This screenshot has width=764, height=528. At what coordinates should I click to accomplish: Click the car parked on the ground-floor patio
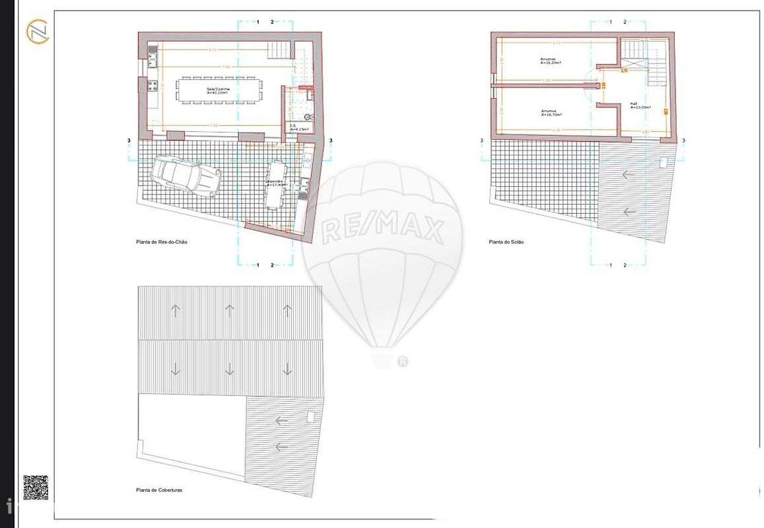click(x=186, y=176)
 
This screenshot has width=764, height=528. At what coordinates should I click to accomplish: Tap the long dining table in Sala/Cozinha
click(x=218, y=89)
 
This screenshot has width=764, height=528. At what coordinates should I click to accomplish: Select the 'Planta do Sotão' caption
click(x=506, y=242)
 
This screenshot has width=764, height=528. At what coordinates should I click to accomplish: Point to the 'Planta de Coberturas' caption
click(x=159, y=490)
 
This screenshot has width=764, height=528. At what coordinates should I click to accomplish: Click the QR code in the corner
click(x=35, y=487)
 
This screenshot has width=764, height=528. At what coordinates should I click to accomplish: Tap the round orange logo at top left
click(x=37, y=32)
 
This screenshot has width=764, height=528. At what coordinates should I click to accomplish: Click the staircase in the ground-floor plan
click(x=279, y=48)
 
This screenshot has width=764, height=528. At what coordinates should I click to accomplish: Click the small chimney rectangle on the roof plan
click(x=310, y=417)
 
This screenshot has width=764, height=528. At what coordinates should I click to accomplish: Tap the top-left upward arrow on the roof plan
click(x=175, y=310)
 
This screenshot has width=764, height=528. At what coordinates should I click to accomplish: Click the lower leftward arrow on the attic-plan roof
click(x=627, y=213)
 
